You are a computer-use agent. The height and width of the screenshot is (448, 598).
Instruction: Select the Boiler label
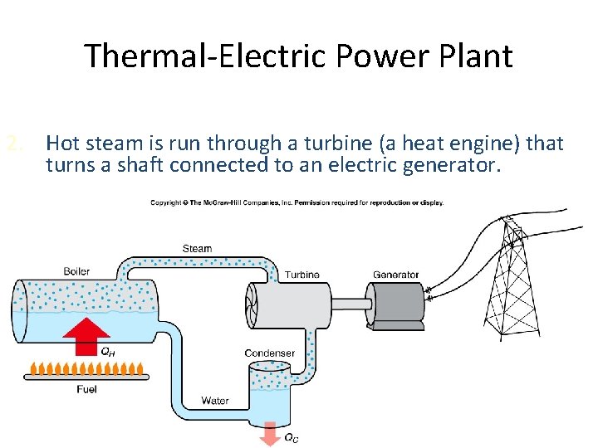click(76, 271)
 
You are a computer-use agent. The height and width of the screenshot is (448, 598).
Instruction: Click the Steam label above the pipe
click(197, 248)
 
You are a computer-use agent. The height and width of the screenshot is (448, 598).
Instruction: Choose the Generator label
click(396, 275)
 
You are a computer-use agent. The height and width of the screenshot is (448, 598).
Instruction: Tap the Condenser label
click(269, 353)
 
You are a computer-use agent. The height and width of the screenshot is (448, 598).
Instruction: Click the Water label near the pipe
click(215, 401)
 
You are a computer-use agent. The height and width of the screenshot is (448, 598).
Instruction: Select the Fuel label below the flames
click(87, 388)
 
